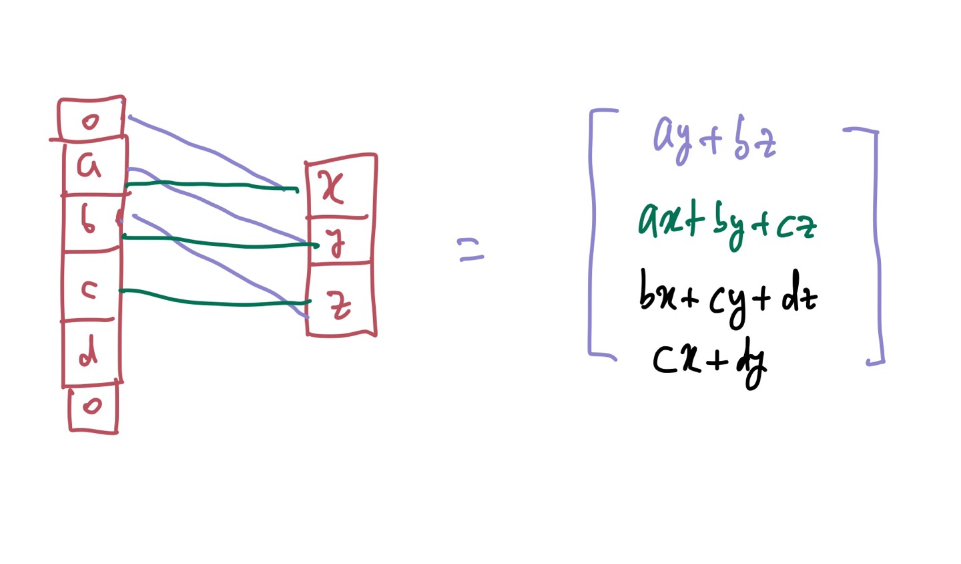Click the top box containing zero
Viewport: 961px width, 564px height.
click(91, 120)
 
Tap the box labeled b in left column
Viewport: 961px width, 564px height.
click(90, 223)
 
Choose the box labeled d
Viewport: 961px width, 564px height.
click(91, 352)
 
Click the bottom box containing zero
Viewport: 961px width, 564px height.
click(93, 406)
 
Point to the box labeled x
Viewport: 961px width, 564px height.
click(338, 186)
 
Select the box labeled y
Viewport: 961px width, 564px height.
click(338, 241)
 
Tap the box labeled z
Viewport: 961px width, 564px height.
click(340, 300)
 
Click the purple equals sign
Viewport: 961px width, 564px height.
click(470, 250)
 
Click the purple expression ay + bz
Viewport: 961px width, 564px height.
click(714, 139)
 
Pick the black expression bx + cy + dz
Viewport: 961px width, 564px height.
click(727, 297)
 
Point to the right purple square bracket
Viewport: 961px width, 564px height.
click(877, 247)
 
